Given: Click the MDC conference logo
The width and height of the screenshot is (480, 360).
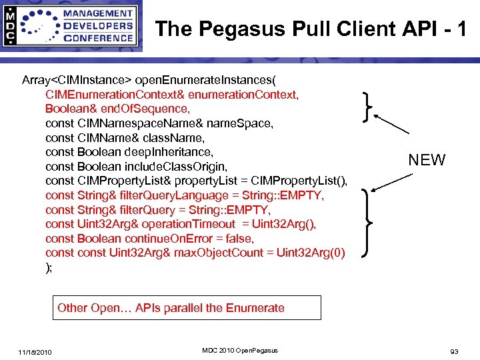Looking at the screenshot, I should tap(71, 27).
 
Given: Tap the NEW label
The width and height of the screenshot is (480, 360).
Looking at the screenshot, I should tap(427, 160).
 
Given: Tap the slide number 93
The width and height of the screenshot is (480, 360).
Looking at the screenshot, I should tap(454, 351).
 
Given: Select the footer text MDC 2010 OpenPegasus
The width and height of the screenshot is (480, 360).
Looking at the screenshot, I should tap(240, 351).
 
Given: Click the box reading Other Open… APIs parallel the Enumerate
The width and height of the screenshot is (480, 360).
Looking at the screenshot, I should tap(187, 308).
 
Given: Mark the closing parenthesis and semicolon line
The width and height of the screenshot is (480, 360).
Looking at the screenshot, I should tap(49, 267).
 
